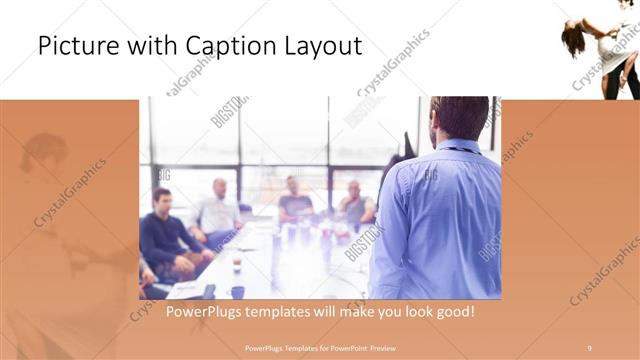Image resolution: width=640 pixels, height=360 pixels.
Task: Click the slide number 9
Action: coord(589,347)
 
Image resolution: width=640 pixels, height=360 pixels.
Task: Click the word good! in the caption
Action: coord(450,312)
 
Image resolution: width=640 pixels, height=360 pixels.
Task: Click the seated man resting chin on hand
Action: coord(353,205)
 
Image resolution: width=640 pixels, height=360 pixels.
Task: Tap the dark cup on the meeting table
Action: coord(237,292)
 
